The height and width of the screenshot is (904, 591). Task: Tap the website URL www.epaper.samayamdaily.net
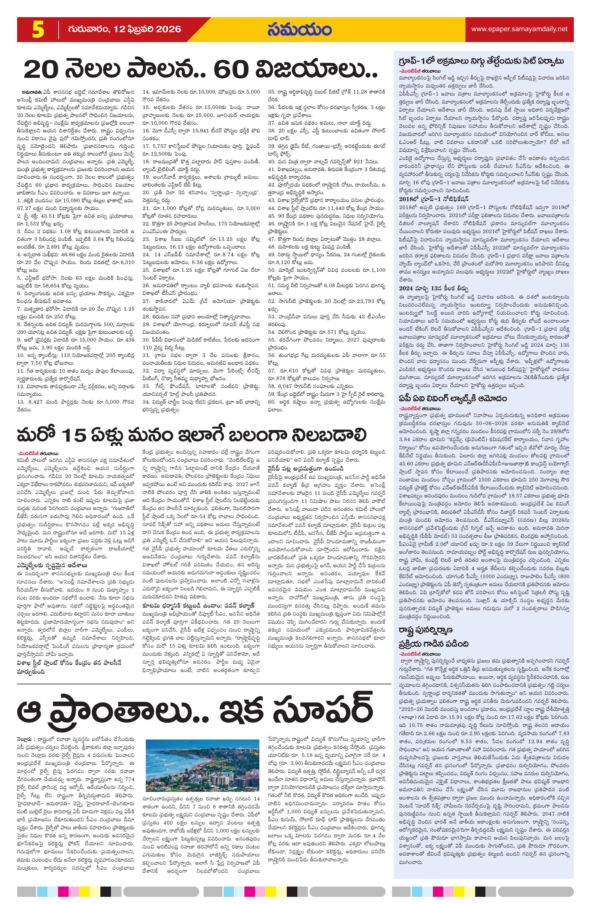click(x=519, y=29)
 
